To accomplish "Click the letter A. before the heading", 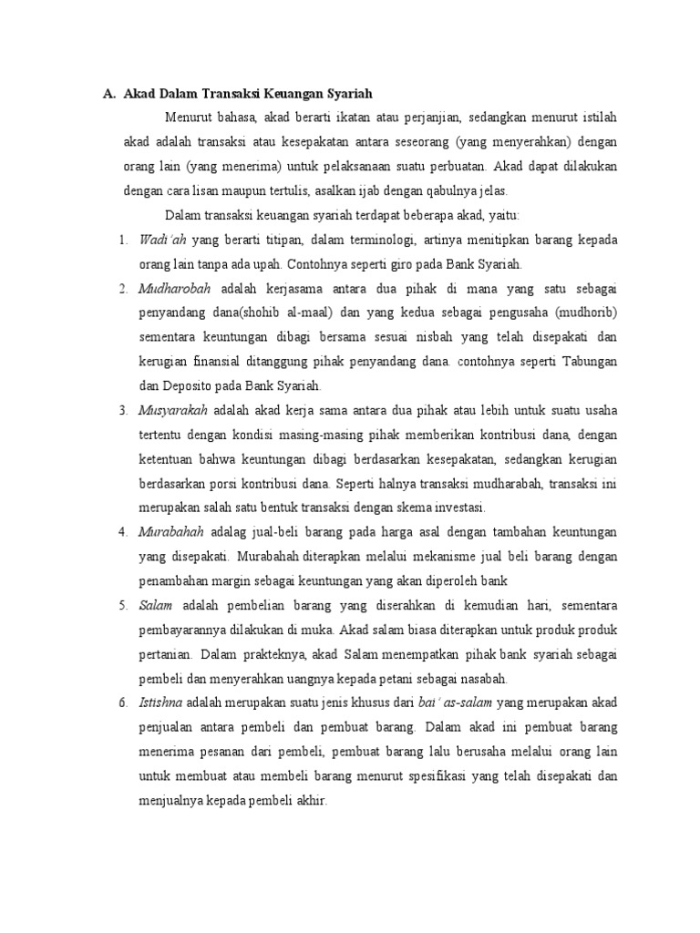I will pyautogui.click(x=107, y=93).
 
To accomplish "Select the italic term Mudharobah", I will pyautogui.click(x=175, y=289).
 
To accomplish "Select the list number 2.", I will pyautogui.click(x=122, y=289).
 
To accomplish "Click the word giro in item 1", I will pyautogui.click(x=401, y=264).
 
